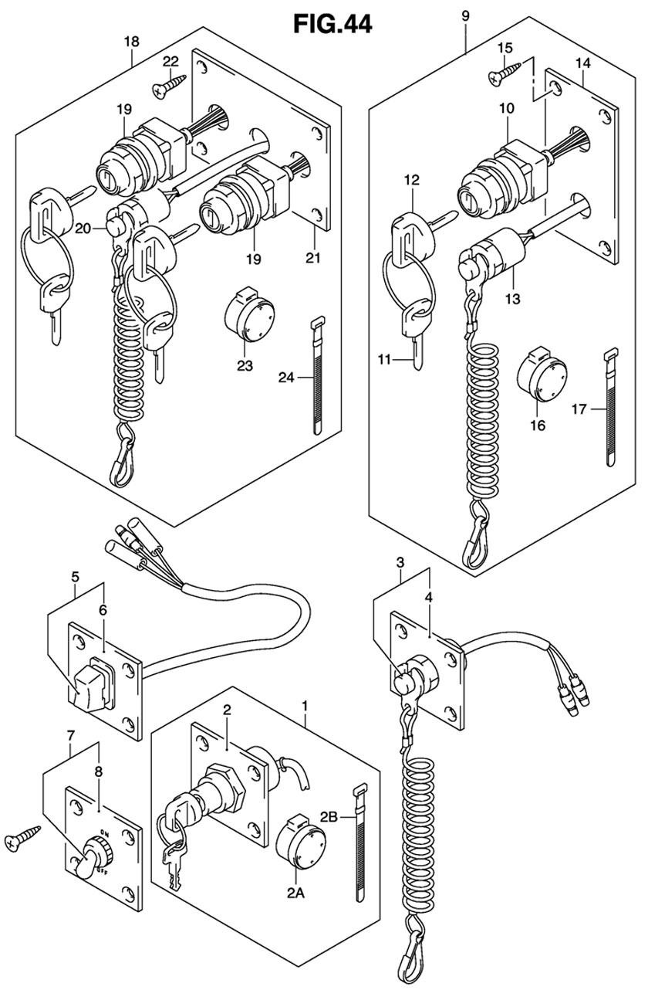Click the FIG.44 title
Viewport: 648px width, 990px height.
[332, 24]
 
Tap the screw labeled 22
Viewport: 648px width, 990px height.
[169, 86]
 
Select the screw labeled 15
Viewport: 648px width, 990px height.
[505, 73]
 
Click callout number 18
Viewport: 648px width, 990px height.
[132, 42]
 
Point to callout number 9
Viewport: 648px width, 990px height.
[465, 16]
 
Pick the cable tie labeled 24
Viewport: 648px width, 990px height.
[316, 375]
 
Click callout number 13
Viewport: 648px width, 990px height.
[513, 299]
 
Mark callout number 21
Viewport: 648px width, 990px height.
[313, 258]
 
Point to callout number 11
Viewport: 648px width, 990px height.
[384, 360]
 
